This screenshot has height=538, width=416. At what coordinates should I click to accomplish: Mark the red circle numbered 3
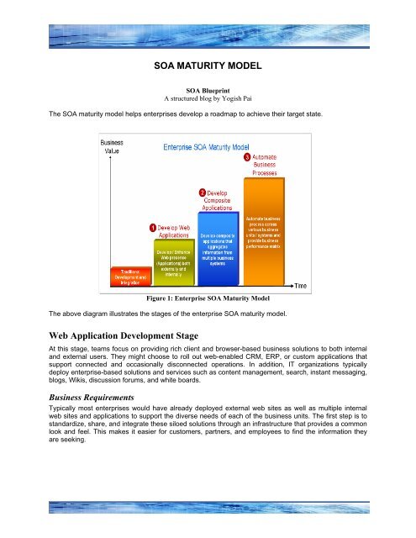tap(246, 157)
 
